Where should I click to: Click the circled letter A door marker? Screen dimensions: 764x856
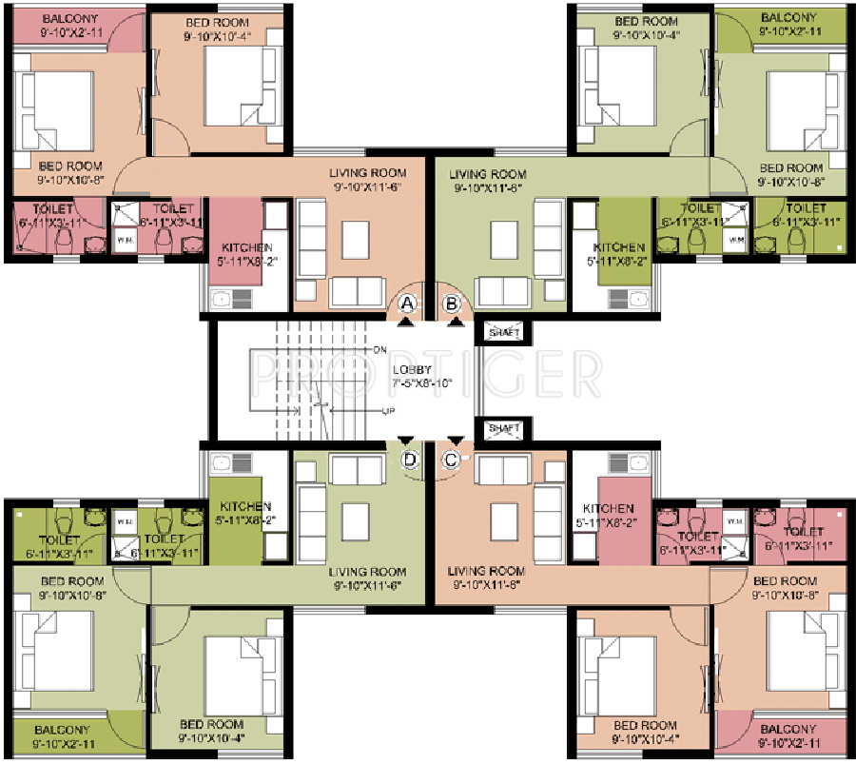(408, 304)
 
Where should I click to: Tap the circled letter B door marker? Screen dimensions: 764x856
(453, 304)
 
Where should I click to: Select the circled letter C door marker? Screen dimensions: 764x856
(453, 459)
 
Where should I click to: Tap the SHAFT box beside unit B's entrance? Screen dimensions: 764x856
(503, 332)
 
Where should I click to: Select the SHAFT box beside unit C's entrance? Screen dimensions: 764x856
(503, 429)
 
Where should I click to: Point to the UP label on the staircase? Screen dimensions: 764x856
(387, 412)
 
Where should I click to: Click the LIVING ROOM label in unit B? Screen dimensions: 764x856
(488, 174)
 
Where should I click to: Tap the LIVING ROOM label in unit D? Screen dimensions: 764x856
(367, 572)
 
